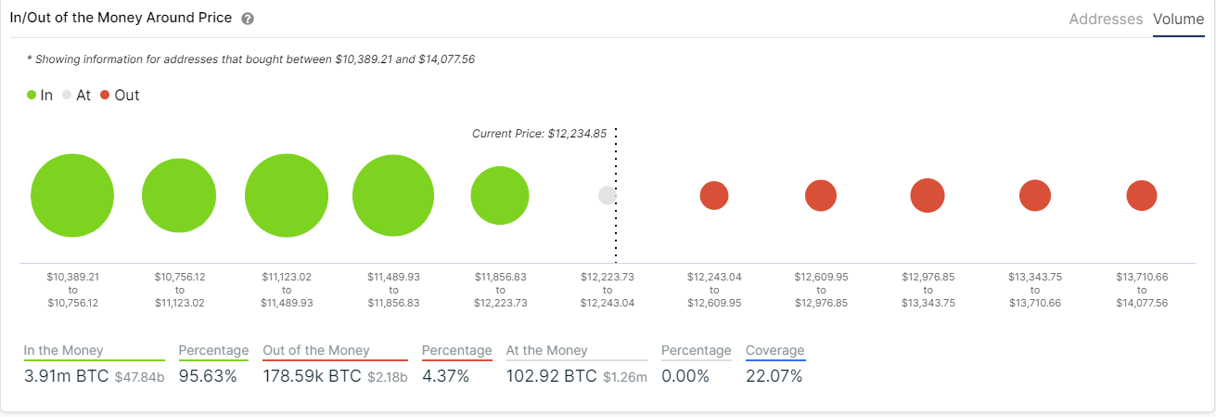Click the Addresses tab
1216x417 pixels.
tap(1106, 19)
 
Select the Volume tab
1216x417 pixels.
tap(1178, 19)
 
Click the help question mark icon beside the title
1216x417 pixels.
tap(248, 20)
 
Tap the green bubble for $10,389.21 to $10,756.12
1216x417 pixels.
tap(72, 196)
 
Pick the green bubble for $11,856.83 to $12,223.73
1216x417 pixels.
tap(500, 196)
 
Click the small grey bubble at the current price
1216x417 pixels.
tap(607, 196)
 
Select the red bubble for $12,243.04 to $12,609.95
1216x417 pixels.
tap(714, 196)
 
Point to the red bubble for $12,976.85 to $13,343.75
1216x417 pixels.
tap(928, 196)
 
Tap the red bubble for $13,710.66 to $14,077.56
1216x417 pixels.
tap(1142, 196)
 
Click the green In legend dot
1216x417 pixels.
tap(32, 95)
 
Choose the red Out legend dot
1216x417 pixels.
tap(105, 95)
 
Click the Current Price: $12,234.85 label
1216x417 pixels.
tap(539, 134)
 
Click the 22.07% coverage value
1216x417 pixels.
tap(774, 376)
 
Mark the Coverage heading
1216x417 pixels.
tap(775, 350)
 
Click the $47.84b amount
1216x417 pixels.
tap(139, 377)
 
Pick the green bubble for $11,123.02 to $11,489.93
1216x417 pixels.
tap(287, 196)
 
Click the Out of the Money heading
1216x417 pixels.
tap(316, 350)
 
